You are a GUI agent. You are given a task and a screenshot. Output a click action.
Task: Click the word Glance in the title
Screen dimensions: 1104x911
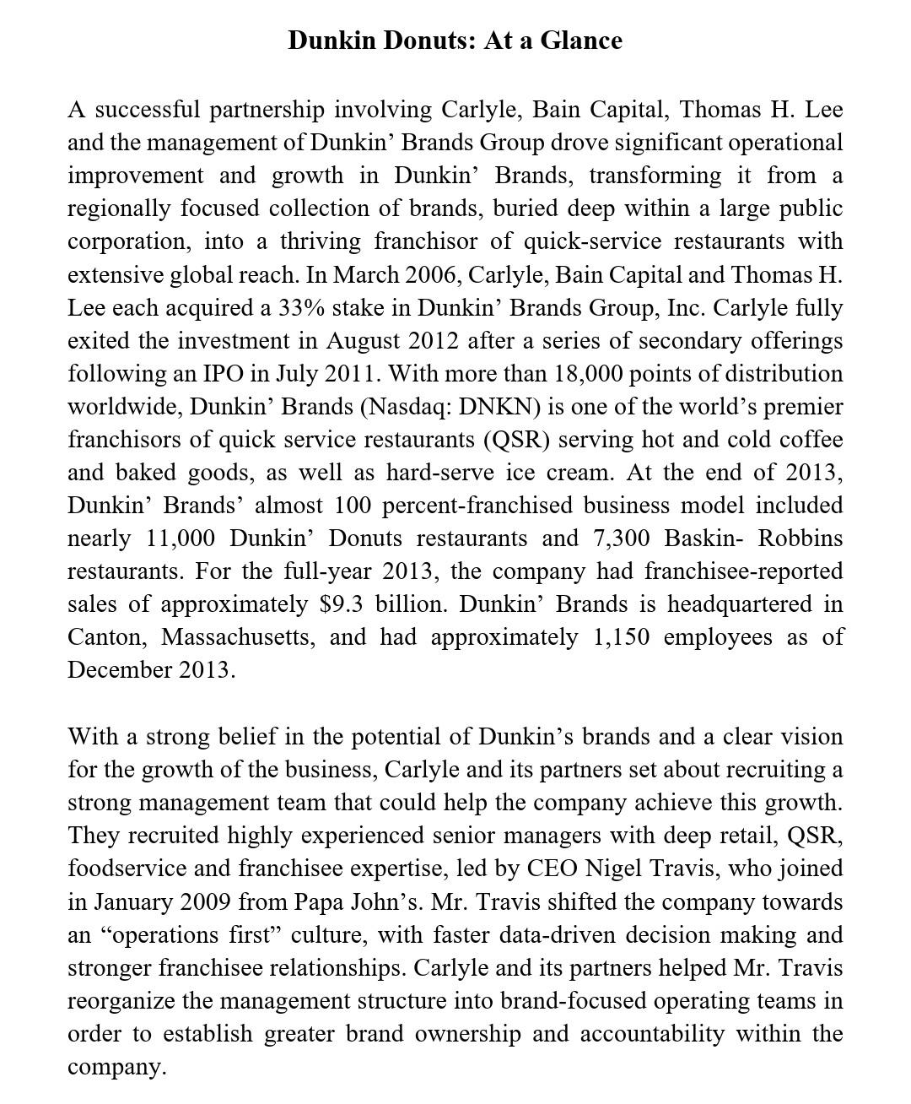581,41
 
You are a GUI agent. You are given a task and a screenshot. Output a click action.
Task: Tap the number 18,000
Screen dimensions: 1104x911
588,374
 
